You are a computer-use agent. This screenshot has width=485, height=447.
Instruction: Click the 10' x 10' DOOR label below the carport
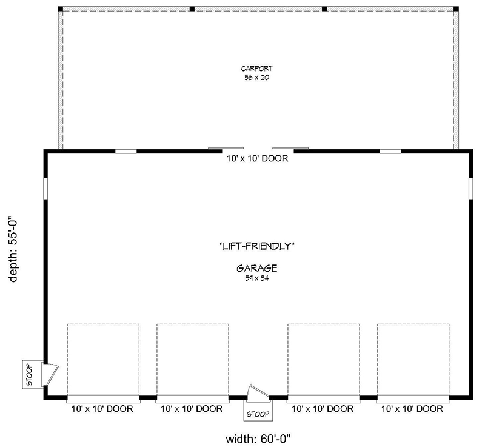pos(256,160)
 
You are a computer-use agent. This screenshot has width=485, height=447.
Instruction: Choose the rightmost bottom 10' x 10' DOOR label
pos(413,409)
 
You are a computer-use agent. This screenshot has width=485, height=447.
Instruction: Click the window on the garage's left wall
pos(45,187)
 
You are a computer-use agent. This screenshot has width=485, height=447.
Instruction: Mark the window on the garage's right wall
pos(470,187)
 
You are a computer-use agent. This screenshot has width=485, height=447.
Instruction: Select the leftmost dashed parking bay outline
pos(103,358)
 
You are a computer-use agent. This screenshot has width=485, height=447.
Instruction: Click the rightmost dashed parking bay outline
pos(413,358)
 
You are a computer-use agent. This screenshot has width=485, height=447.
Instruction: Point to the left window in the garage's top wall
pos(125,151)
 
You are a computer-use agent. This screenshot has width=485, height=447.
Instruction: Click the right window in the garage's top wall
pos(390,151)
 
